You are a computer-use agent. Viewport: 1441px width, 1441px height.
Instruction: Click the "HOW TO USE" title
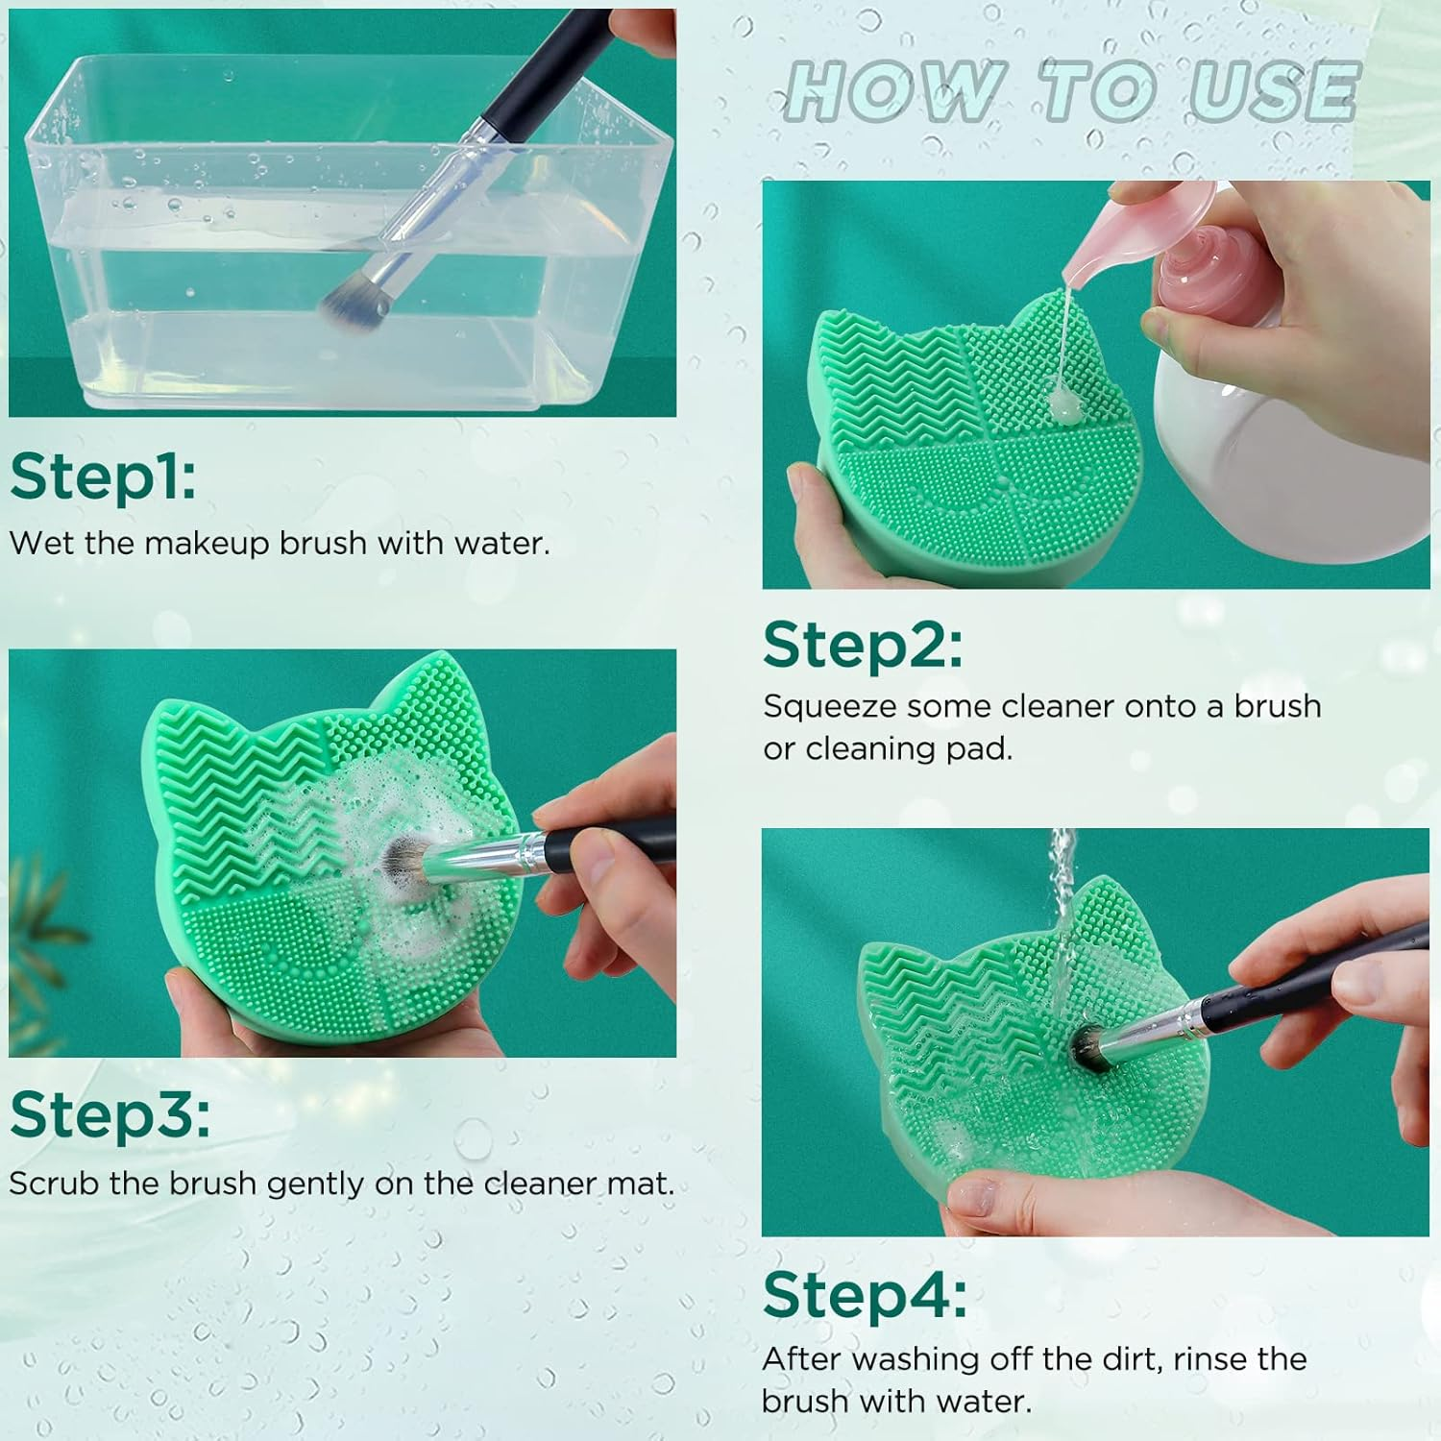[x=1070, y=91]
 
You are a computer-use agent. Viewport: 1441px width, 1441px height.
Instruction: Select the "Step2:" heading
[x=862, y=645]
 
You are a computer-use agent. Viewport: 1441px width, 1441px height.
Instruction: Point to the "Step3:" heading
[x=110, y=1114]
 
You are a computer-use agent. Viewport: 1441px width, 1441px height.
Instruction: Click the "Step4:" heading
[x=865, y=1296]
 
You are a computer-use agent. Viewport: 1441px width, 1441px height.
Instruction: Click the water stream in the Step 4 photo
[x=1062, y=884]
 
